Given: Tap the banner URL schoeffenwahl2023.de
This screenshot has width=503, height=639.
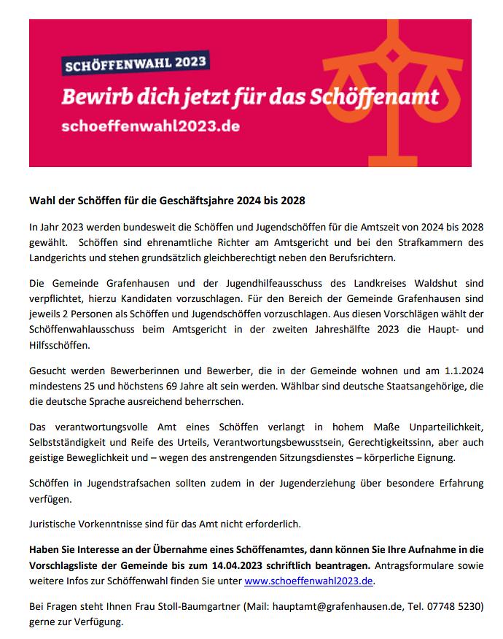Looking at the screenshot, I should [149, 125].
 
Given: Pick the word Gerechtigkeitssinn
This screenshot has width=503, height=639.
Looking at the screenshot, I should [384, 442].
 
